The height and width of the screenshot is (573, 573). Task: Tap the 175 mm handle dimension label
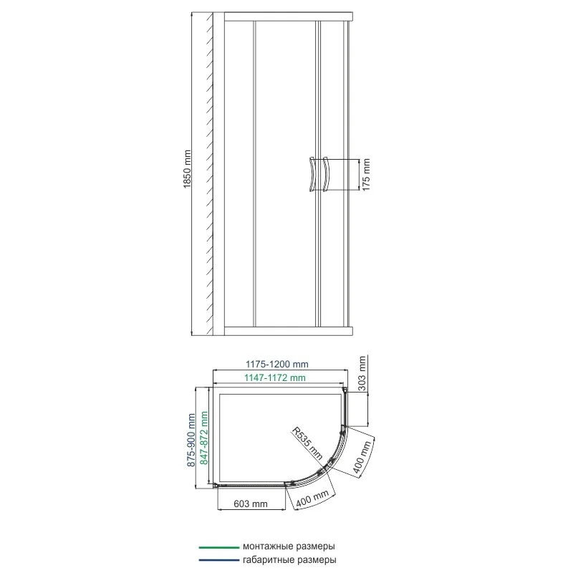(x=367, y=174)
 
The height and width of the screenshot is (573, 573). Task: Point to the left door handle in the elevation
(x=311, y=174)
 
